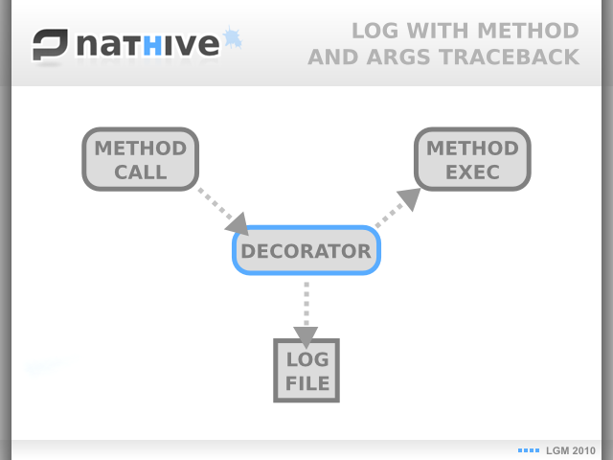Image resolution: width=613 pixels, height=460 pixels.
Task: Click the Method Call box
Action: coord(141,159)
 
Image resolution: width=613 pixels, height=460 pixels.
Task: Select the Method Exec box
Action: coord(472,159)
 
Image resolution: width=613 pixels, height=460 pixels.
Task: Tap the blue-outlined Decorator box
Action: coord(306,250)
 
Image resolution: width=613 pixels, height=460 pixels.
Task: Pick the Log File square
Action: coord(306,371)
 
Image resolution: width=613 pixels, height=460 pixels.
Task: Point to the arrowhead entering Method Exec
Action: coord(410,198)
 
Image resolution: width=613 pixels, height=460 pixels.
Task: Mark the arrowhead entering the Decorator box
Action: coord(238,224)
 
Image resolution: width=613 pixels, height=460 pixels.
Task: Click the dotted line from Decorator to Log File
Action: coord(306,304)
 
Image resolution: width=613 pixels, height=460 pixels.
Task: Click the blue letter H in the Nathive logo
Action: coord(152,45)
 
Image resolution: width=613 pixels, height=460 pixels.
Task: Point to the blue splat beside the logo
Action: coord(232,37)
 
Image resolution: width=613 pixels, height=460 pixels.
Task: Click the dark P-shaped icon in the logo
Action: coord(50,45)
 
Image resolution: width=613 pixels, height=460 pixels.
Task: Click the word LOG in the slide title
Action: coord(375,31)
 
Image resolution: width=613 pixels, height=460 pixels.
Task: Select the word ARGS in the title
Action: coord(398,57)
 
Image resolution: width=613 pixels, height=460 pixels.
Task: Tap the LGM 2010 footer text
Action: coord(571,450)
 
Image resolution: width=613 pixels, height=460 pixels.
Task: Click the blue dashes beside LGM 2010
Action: coord(529,450)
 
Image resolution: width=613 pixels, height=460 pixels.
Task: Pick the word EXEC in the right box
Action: coord(472,172)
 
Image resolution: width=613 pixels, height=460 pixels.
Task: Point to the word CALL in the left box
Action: coord(141,172)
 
